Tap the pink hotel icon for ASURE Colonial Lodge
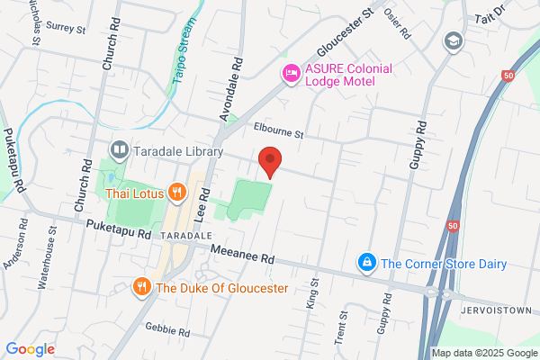click(x=291, y=74)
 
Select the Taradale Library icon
click(x=119, y=149)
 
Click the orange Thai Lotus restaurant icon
click(x=177, y=192)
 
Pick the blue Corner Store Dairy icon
click(x=366, y=263)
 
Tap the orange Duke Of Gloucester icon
click(x=141, y=287)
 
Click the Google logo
click(x=30, y=348)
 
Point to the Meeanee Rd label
click(x=241, y=256)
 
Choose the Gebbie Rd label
click(x=168, y=332)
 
